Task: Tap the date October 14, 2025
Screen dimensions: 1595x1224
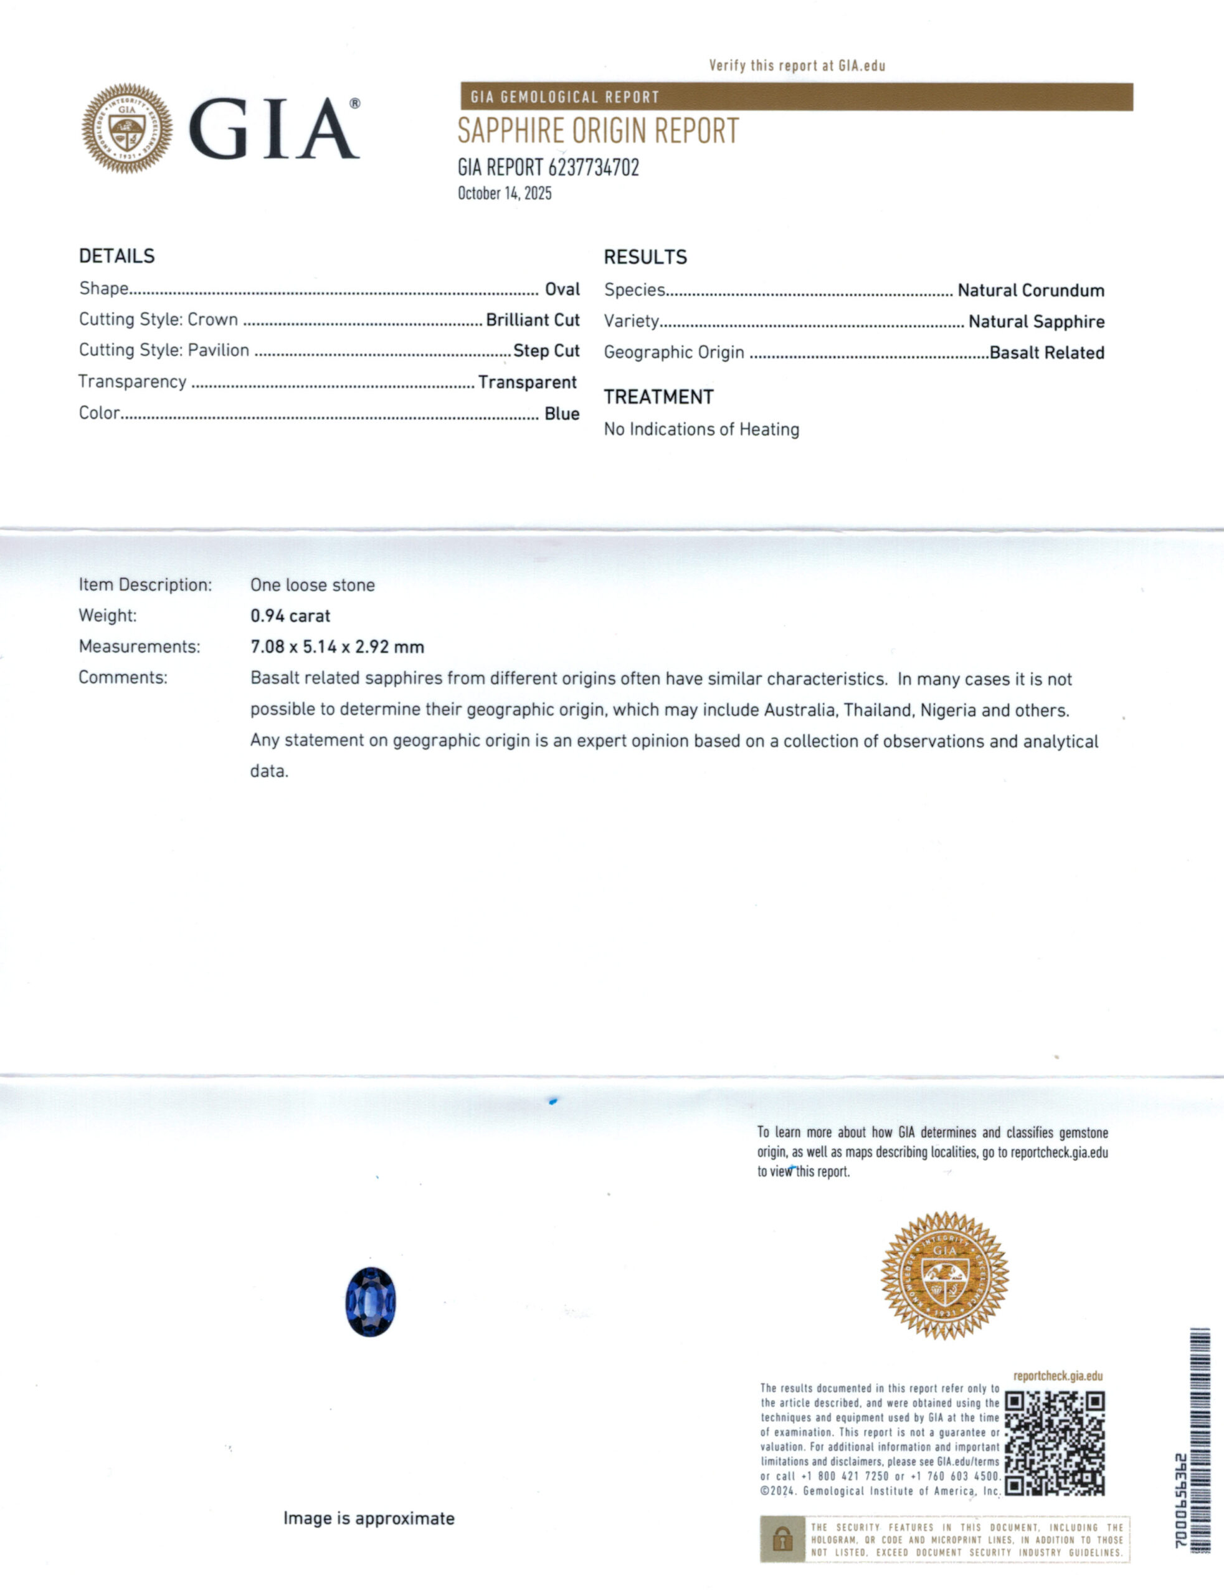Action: point(504,193)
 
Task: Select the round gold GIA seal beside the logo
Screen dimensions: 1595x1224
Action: point(127,128)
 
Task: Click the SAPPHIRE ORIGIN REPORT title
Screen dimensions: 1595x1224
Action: point(597,131)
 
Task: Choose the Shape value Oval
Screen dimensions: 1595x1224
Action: point(562,289)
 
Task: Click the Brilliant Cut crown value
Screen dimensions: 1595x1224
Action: point(533,320)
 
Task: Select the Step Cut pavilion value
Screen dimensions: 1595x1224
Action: point(546,351)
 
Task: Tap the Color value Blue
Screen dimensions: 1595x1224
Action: point(562,413)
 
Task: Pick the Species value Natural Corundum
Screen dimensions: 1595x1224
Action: point(1030,290)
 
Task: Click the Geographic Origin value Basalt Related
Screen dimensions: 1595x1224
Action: point(1046,353)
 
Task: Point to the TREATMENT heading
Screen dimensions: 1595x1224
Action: point(658,397)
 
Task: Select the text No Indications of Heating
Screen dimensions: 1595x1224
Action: point(701,429)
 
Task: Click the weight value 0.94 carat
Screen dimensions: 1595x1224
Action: point(290,616)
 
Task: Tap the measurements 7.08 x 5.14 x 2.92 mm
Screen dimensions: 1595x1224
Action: point(336,646)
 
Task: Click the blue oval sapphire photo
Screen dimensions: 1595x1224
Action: point(370,1302)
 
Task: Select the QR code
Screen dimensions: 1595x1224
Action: point(1054,1444)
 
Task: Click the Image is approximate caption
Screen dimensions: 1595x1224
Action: point(369,1518)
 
